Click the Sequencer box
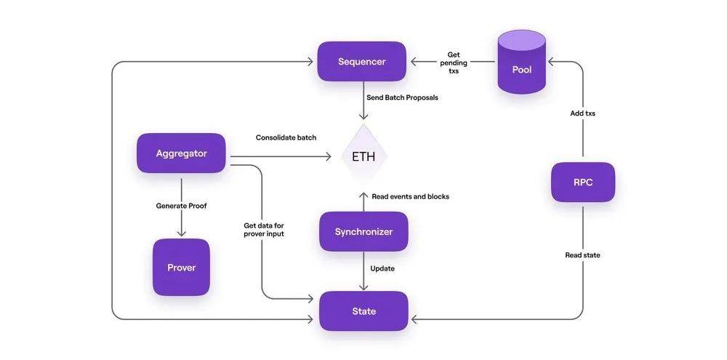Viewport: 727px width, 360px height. pos(361,62)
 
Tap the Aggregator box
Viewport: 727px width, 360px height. pos(181,153)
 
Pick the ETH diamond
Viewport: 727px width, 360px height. pos(363,156)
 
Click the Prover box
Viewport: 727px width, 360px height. pos(181,267)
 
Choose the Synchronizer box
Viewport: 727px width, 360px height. pos(363,232)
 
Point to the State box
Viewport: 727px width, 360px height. pos(363,311)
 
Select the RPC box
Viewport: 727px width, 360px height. pos(582,182)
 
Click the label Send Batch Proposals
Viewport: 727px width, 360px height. pos(402,97)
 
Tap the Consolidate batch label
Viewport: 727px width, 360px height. pos(286,137)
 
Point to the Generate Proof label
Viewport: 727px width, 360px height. pos(181,206)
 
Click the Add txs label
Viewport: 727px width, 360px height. pos(582,113)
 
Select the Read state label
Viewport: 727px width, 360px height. pos(582,255)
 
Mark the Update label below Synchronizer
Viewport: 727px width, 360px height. pos(382,268)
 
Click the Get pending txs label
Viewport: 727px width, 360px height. pos(454,62)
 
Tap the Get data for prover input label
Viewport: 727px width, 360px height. pos(263,230)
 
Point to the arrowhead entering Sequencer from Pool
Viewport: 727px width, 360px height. pos(411,62)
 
